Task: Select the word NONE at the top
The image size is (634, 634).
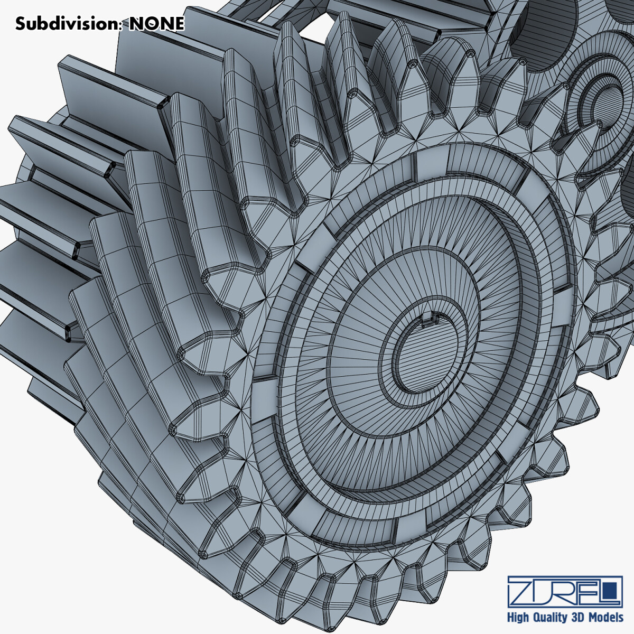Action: coord(157,24)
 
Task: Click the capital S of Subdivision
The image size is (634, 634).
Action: coord(20,24)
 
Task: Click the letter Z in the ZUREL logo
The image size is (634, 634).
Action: coord(521,592)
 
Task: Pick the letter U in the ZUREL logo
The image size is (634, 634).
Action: coord(544,592)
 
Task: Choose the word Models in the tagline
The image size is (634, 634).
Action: coord(608,617)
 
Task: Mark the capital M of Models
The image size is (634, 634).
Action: coord(596,617)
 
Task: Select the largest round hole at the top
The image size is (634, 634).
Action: coord(544,21)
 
